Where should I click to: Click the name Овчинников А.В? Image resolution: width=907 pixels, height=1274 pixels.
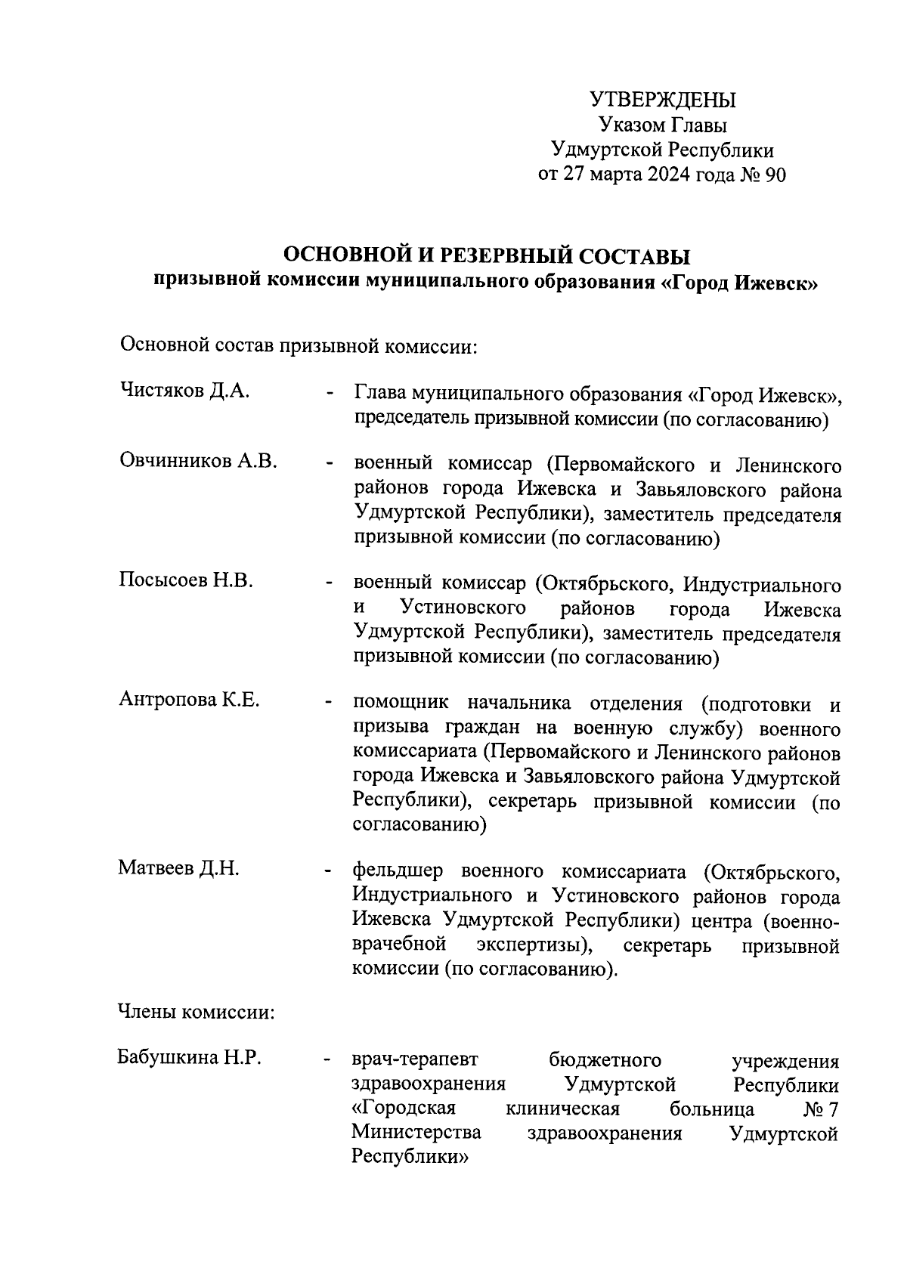tap(199, 461)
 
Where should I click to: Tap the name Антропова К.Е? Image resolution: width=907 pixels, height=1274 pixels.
tap(189, 700)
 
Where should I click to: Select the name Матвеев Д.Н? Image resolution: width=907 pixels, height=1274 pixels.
tap(179, 868)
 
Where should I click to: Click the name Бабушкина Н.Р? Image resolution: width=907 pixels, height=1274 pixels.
tap(189, 1057)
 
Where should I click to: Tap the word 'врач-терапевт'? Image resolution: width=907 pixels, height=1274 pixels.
tap(419, 1060)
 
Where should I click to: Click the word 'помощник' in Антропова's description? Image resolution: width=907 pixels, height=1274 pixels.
tap(401, 703)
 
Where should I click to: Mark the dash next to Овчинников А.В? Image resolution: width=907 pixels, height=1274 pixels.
tap(329, 465)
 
